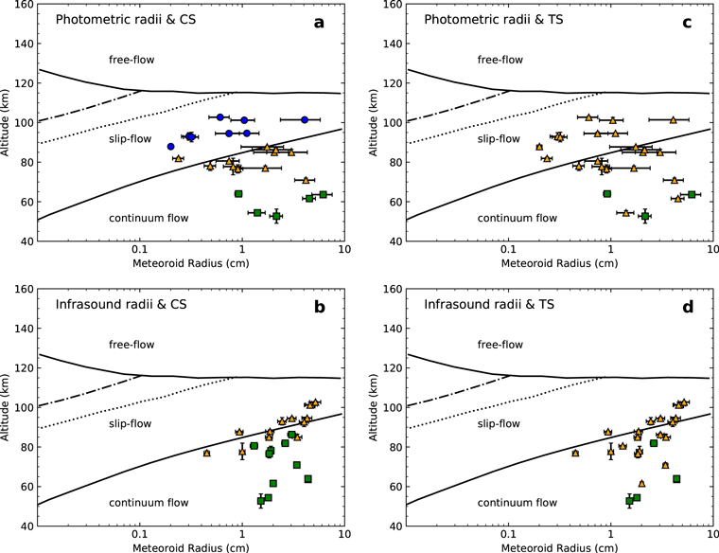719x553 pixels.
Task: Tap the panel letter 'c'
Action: tap(692, 19)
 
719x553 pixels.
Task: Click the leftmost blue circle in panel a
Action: tap(171, 147)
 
